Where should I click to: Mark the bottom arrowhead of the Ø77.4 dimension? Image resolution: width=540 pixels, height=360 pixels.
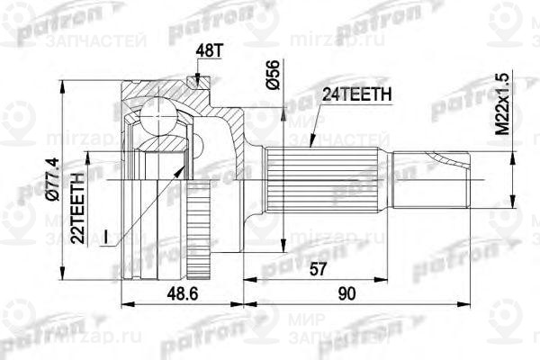[60, 278]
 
